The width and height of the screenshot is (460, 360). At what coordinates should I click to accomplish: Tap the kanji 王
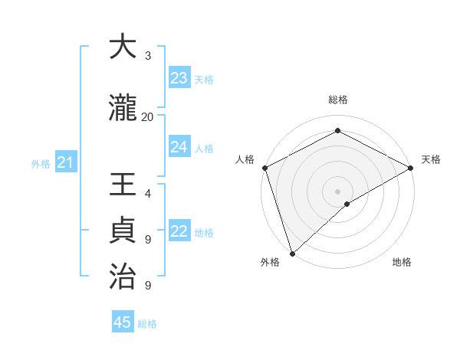123,186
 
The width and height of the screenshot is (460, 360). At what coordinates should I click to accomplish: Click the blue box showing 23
179,78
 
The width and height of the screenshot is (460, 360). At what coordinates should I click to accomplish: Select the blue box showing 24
179,147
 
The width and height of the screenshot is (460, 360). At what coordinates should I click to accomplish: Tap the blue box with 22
179,232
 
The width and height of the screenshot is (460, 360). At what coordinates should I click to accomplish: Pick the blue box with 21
65,162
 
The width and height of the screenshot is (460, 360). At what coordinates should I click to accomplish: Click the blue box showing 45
123,322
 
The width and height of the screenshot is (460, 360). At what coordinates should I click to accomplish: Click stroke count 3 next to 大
148,55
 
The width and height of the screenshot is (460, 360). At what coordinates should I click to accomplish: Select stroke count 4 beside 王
148,195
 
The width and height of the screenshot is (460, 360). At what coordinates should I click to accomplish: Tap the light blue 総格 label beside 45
147,324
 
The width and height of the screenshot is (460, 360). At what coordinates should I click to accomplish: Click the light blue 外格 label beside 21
41,163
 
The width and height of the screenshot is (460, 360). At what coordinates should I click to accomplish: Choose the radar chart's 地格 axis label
402,262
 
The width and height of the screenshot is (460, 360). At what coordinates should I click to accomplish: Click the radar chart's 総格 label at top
337,100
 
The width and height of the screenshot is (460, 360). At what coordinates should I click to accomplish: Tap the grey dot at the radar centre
337,191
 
